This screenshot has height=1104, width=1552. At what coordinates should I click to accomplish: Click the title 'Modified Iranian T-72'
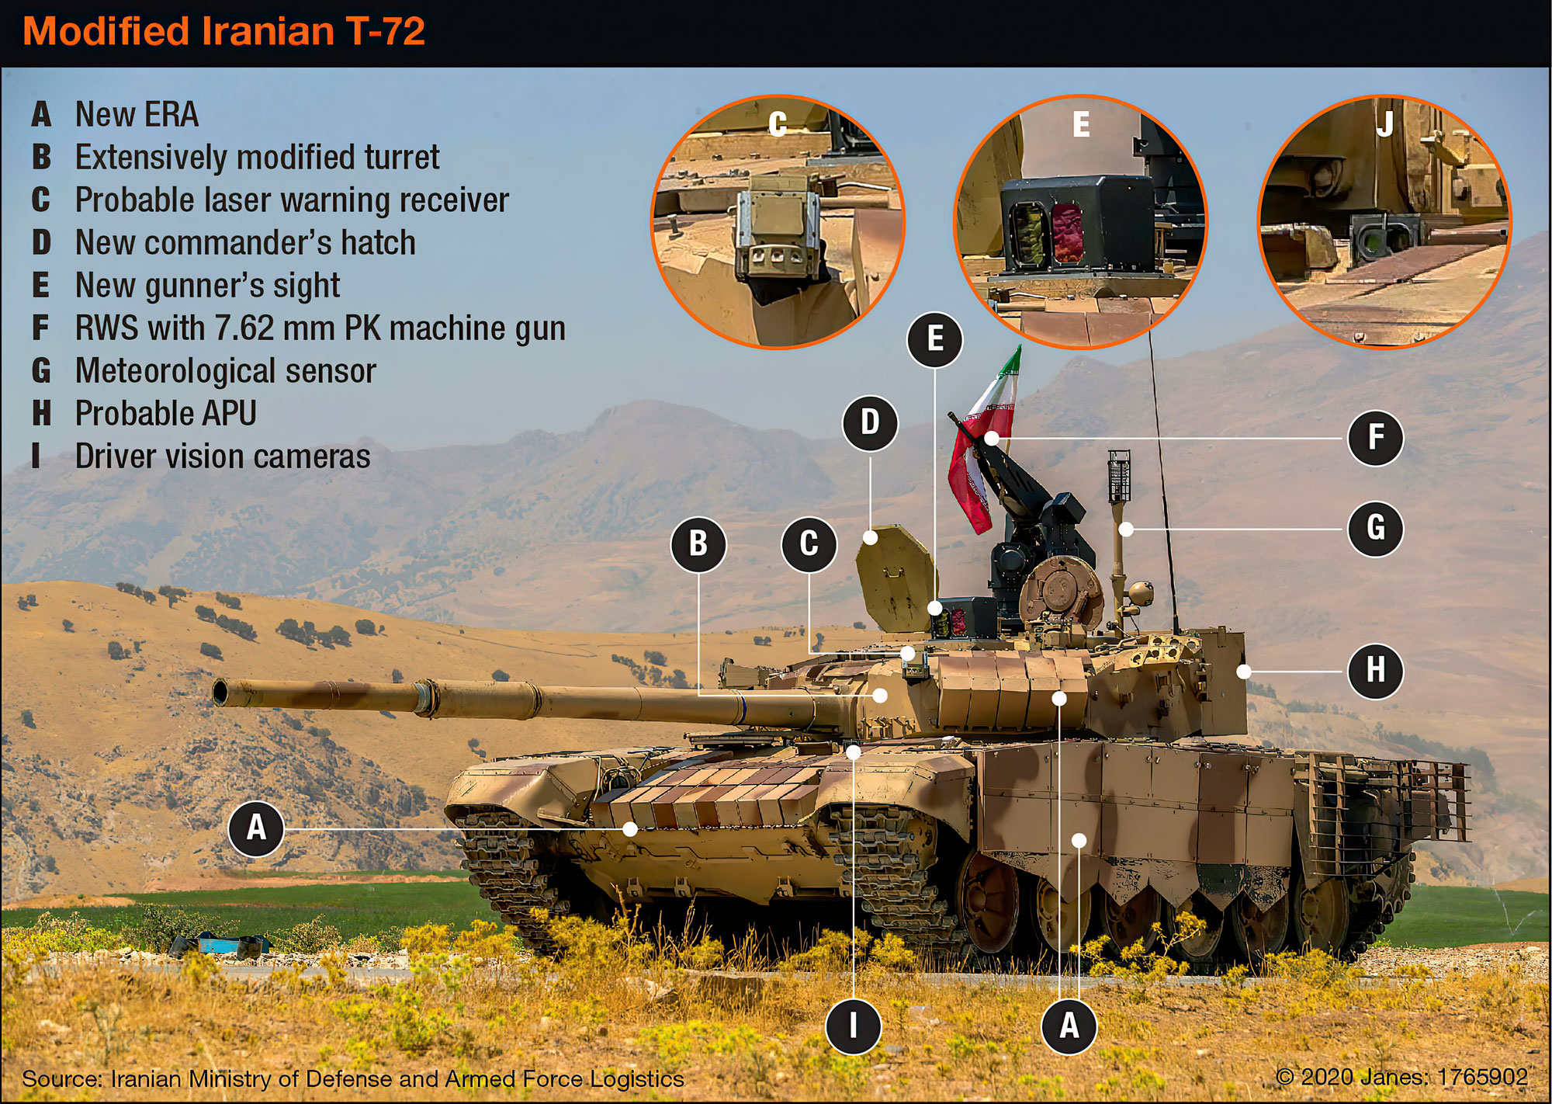223,32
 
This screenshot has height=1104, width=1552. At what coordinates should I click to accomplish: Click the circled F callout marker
1375,438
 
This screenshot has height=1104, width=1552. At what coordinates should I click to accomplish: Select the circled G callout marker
1375,528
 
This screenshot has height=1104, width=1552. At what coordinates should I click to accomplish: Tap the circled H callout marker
1375,669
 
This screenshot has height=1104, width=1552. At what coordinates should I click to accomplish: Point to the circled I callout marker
853,1026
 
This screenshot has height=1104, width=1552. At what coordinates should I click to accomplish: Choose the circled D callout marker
870,423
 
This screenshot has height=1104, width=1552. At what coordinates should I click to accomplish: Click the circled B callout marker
698,543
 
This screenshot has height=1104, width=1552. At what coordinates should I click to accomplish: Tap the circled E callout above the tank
935,339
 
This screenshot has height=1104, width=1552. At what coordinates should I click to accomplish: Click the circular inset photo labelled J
1384,222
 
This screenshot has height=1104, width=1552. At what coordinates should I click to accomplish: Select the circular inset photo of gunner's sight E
1079,222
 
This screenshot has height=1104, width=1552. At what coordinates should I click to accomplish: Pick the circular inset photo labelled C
778,222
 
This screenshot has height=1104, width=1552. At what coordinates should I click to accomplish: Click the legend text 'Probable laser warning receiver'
291,200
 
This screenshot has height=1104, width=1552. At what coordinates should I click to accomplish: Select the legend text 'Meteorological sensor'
225,371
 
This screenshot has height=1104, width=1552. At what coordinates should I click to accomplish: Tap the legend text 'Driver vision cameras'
222,457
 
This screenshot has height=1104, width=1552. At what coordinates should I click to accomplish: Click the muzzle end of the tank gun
221,691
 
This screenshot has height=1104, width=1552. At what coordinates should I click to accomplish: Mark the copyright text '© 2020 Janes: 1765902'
1401,1077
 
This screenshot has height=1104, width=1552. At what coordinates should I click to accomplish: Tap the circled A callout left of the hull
256,828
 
